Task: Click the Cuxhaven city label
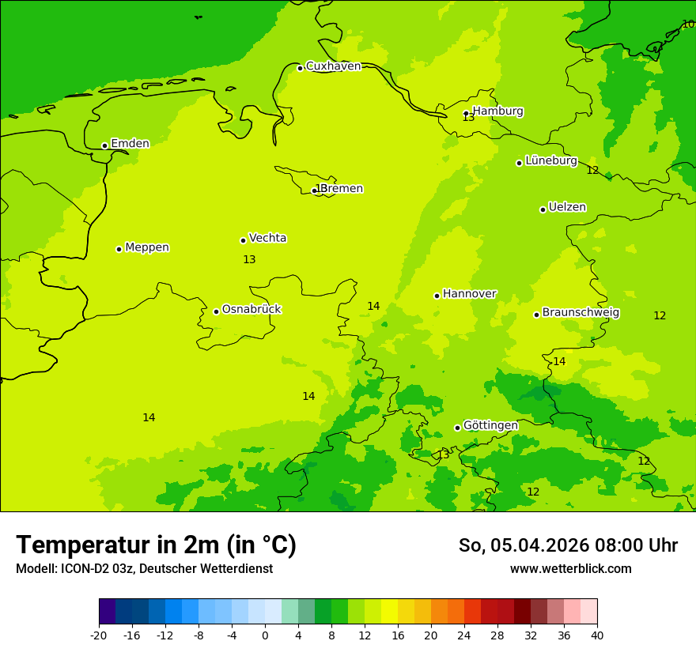[x=333, y=66]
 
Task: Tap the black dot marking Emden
[x=104, y=145]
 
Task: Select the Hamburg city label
[x=497, y=111]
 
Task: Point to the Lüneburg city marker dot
[x=519, y=163]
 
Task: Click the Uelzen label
[x=567, y=208]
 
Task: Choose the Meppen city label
[x=146, y=247]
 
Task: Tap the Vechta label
[x=267, y=238]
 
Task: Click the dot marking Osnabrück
[x=216, y=311]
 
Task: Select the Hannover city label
[x=469, y=294]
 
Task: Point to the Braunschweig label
[x=580, y=313]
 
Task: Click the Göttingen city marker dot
[x=457, y=428]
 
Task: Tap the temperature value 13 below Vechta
[x=249, y=260]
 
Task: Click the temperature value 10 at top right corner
[x=688, y=25]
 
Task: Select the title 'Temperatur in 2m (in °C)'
[x=156, y=545]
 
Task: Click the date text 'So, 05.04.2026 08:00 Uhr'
[x=568, y=545]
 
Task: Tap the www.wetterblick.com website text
[x=570, y=569]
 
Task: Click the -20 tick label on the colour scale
[x=99, y=635]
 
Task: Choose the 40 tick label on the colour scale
[x=597, y=635]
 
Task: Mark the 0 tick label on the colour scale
[x=265, y=635]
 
